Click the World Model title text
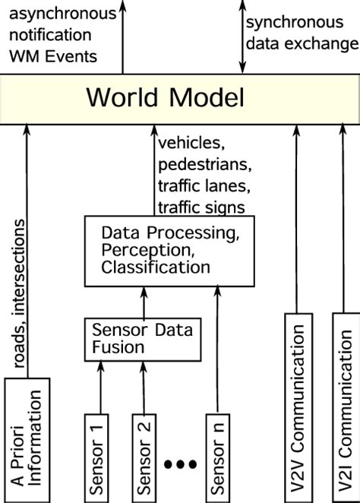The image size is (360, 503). click(x=165, y=98)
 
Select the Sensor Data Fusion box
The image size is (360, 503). click(x=142, y=339)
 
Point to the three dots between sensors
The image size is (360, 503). click(x=180, y=463)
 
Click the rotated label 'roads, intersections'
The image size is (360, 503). click(x=17, y=296)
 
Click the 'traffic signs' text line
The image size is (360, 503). click(x=199, y=206)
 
